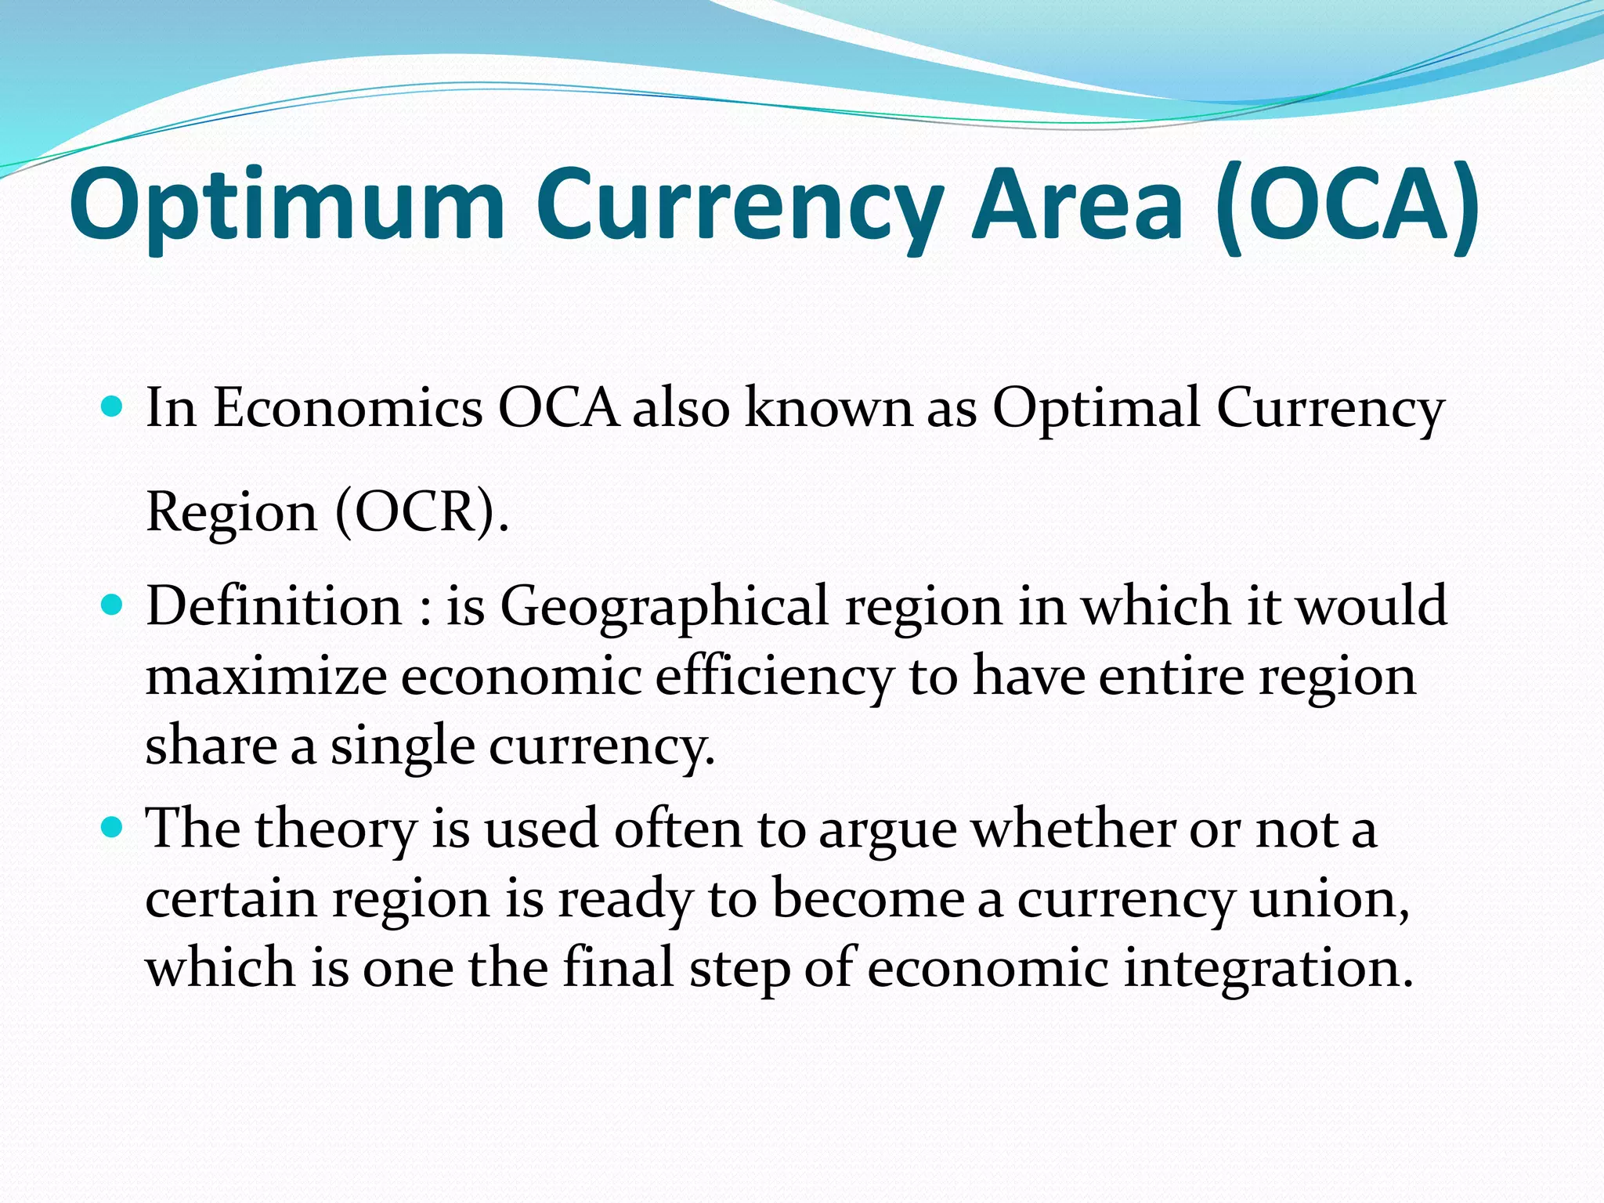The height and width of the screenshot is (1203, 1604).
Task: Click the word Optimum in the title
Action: click(287, 205)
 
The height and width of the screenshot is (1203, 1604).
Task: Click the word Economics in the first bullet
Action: click(348, 408)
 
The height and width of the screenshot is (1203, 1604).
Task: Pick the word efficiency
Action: click(774, 677)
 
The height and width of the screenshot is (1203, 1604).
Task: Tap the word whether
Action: click(1074, 829)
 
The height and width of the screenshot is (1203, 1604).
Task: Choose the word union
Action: click(1329, 899)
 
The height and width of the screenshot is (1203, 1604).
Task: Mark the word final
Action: click(619, 966)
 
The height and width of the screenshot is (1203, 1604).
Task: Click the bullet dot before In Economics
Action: click(113, 406)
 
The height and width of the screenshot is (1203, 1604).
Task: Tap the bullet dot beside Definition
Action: click(113, 605)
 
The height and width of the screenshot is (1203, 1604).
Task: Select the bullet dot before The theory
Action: click(113, 828)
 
